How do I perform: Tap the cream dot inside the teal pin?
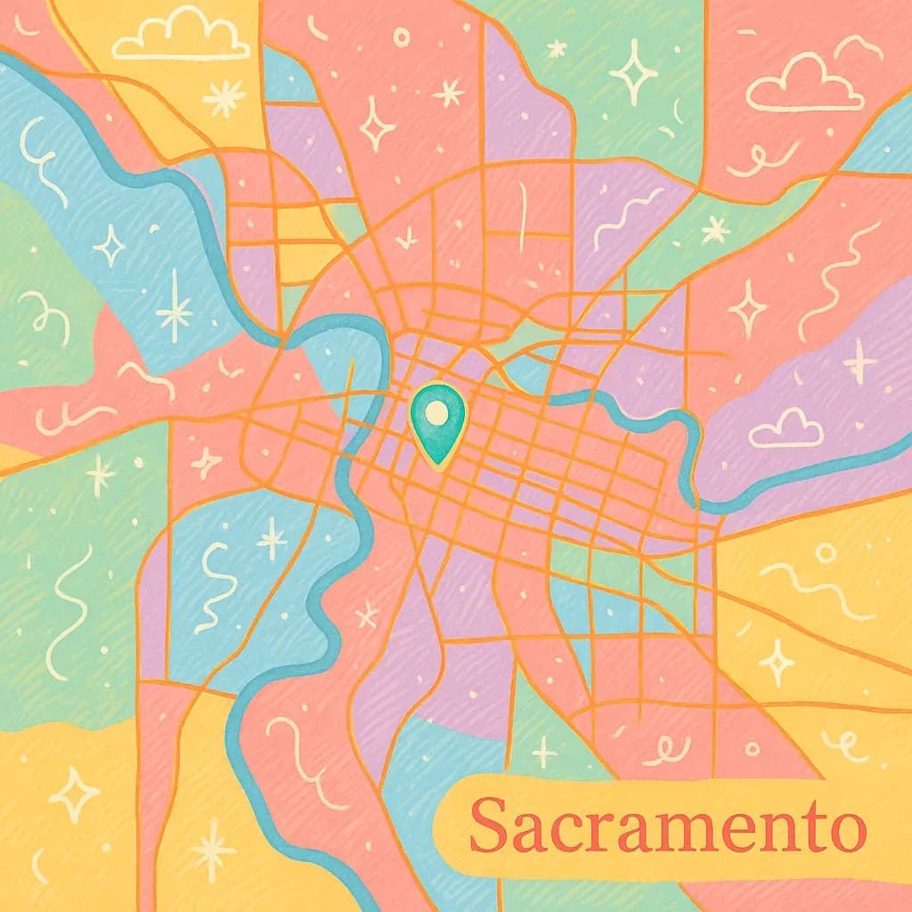click(436, 411)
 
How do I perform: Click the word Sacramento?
click(667, 826)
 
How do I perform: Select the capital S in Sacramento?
click(491, 824)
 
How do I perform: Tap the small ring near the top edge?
click(402, 37)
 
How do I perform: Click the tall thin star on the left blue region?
click(175, 307)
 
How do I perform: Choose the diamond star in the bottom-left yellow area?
click(75, 794)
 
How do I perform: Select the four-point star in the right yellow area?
click(777, 661)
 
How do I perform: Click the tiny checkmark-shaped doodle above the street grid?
click(407, 237)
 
